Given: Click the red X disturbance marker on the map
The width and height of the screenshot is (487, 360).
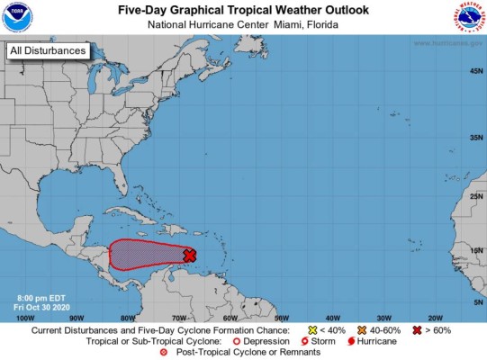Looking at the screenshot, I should click(189, 256).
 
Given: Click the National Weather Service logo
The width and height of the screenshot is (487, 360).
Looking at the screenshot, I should click(469, 17).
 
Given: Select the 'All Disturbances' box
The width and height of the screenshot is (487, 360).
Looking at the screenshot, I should click(48, 51).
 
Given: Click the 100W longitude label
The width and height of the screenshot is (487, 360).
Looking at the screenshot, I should click(25, 318).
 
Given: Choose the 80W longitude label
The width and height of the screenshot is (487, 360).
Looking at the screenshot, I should click(128, 318).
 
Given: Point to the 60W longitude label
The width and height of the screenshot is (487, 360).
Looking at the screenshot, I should click(230, 318).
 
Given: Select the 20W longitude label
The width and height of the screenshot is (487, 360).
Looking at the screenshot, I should click(435, 318).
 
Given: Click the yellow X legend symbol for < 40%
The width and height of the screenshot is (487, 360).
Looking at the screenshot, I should click(312, 330).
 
